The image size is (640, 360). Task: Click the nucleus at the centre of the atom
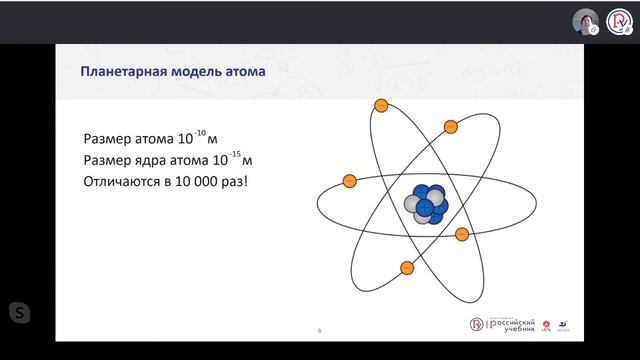tap(427, 204)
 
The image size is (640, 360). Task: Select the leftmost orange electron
tap(350, 181)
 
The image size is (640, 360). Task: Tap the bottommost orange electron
tap(407, 267)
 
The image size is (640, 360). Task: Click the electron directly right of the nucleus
tap(462, 234)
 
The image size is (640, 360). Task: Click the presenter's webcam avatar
tap(585, 22)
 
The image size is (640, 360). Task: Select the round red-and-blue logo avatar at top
tap(620, 22)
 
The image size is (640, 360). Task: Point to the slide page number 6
tap(319, 330)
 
